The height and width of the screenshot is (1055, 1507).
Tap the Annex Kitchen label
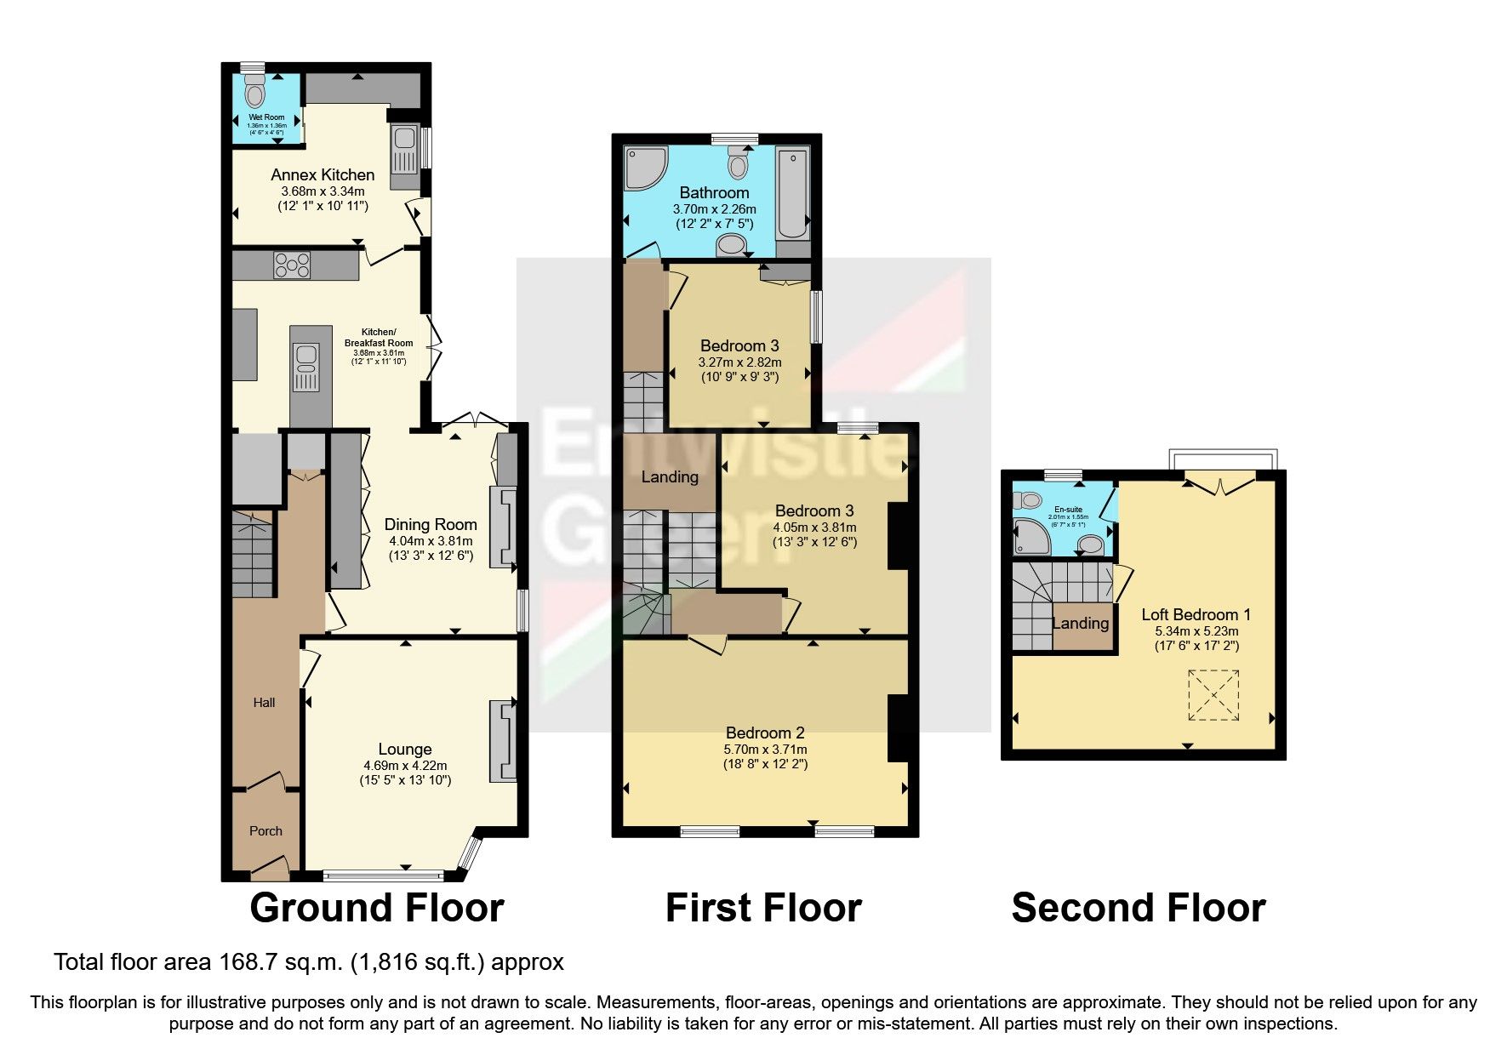pyautogui.click(x=323, y=174)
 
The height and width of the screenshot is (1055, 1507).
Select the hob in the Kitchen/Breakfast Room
pyautogui.click(x=292, y=265)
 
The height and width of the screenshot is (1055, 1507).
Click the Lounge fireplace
pyautogui.click(x=503, y=740)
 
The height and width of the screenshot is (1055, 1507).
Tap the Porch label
pyautogui.click(x=265, y=831)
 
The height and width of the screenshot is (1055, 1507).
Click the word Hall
pyautogui.click(x=264, y=703)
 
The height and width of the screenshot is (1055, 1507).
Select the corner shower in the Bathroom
pyautogui.click(x=644, y=167)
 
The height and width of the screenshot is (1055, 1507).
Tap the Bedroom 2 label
pyautogui.click(x=765, y=733)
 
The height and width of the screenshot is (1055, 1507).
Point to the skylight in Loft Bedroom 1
pyautogui.click(x=1213, y=695)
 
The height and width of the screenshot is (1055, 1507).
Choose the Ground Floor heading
pyautogui.click(x=377, y=908)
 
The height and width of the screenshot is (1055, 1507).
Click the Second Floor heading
pyautogui.click(x=1138, y=908)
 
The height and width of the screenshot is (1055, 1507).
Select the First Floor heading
pyautogui.click(x=763, y=908)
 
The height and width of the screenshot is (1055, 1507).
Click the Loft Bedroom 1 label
pyautogui.click(x=1196, y=614)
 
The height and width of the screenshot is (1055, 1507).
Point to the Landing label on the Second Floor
pyautogui.click(x=1081, y=623)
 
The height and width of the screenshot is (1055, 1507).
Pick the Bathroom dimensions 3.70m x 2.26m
pyautogui.click(x=714, y=209)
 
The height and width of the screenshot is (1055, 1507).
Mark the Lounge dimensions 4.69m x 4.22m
pyautogui.click(x=405, y=765)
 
